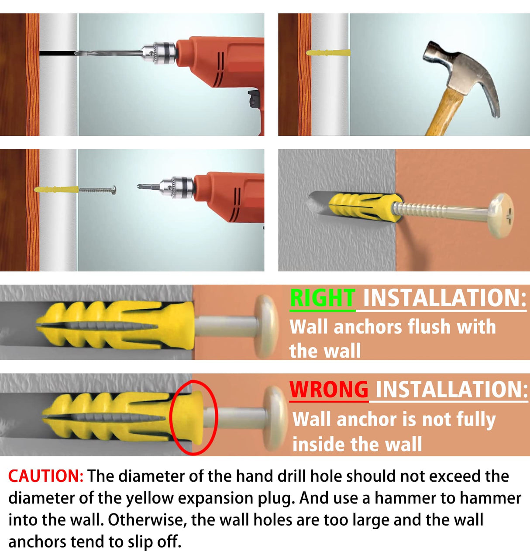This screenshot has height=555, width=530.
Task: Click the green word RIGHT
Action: [323, 298]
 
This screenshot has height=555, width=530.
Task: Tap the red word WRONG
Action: [329, 390]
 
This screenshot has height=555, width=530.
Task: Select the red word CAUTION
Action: [45, 476]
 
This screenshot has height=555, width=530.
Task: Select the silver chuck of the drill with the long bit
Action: [159, 52]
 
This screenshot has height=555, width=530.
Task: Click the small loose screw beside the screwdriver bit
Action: [97, 190]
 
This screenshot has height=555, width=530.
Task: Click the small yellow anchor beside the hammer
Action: [328, 52]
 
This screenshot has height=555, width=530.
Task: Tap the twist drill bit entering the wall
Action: [108, 53]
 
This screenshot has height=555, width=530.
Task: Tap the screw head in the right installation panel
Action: [266, 327]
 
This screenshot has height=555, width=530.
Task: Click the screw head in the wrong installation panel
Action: [275, 418]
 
